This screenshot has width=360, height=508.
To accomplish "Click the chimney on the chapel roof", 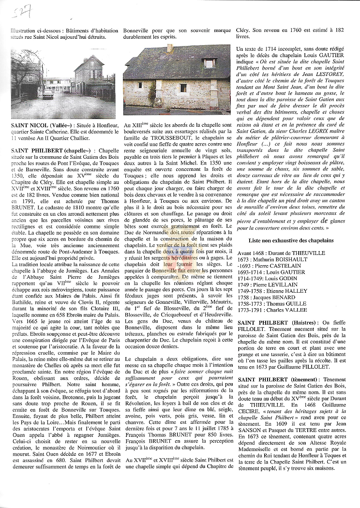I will [169, 48].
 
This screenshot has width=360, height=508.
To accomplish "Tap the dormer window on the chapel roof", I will [209, 63].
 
